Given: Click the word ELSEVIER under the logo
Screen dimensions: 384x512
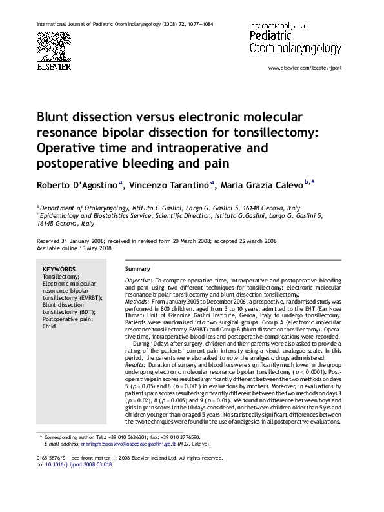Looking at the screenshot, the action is [x=54, y=66].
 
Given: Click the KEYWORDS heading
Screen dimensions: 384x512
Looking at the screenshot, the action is [x=59, y=270].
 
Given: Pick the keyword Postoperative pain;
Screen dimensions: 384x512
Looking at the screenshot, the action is [x=66, y=319].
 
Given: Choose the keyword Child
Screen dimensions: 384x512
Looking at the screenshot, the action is [x=50, y=326].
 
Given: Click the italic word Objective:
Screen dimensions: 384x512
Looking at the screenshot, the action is [x=139, y=281].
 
